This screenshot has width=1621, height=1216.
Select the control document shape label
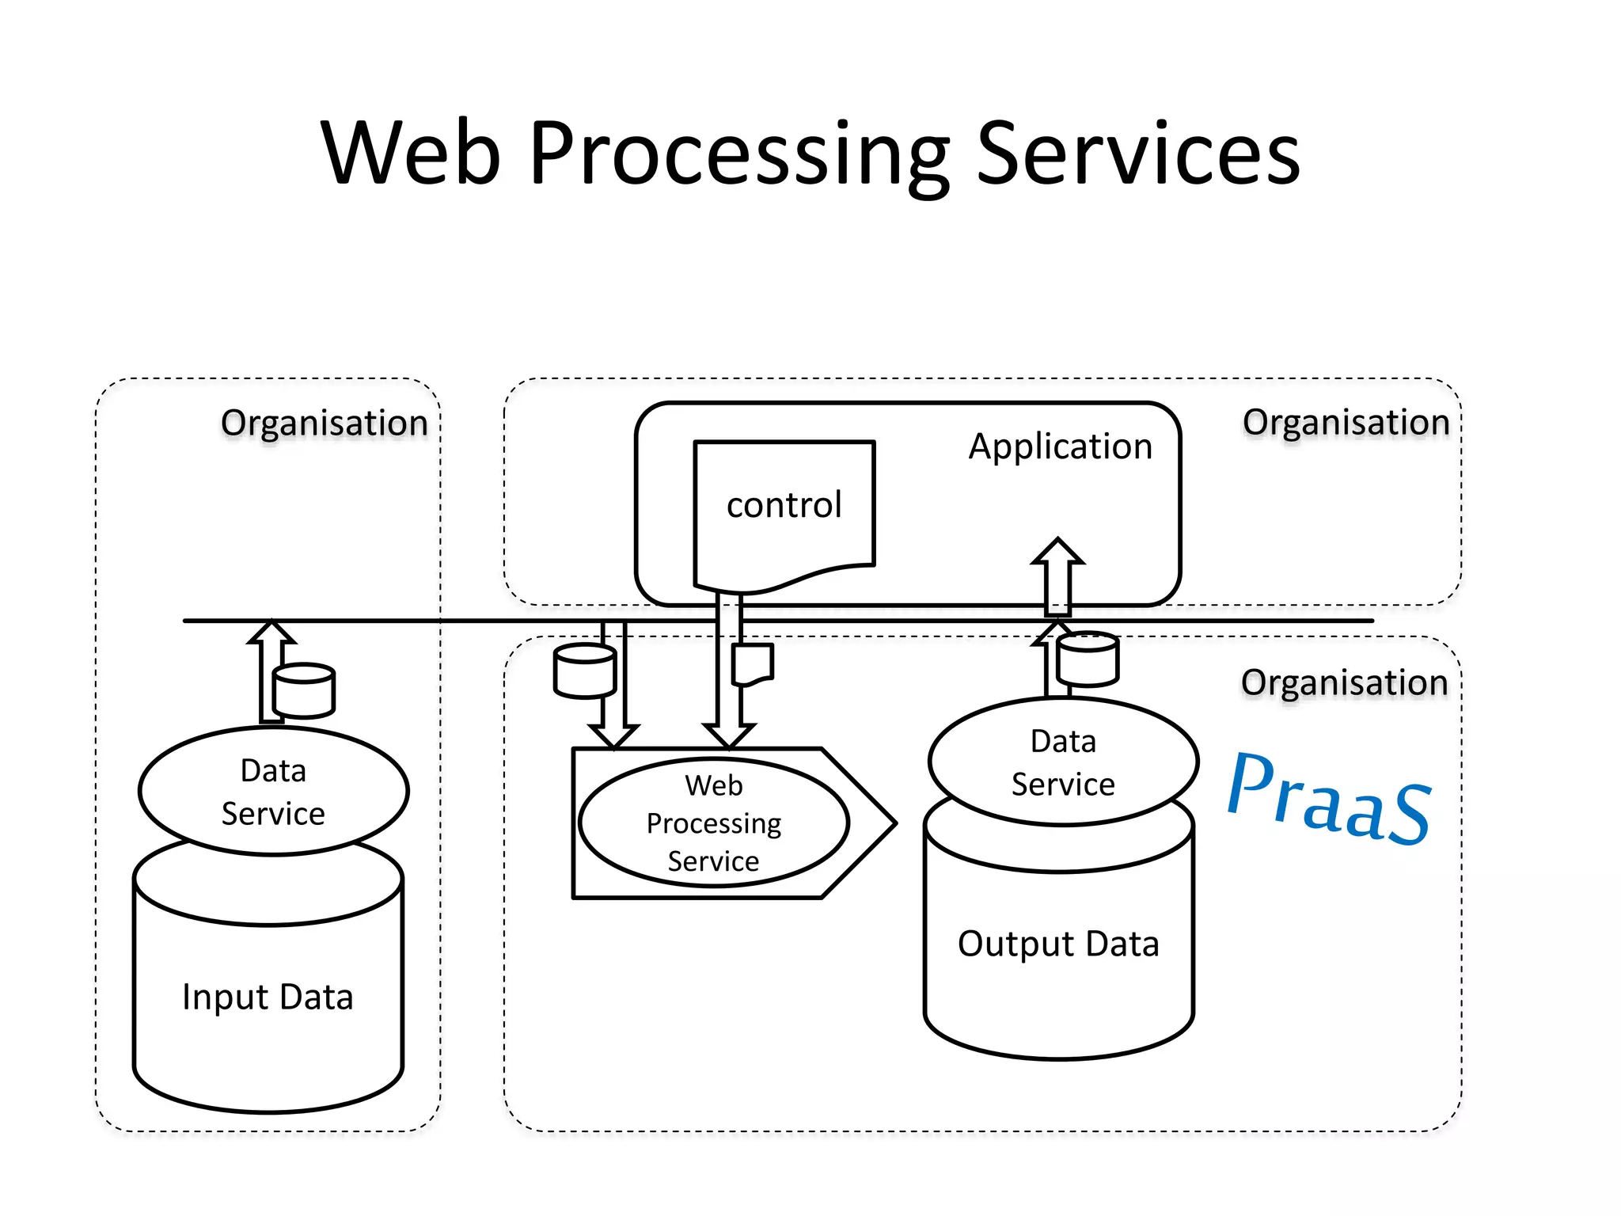(784, 505)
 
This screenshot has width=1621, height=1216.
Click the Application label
(1060, 446)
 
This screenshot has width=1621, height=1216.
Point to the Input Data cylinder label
(268, 997)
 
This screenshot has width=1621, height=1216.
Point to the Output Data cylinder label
(1058, 944)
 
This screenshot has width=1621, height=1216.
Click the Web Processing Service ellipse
(713, 823)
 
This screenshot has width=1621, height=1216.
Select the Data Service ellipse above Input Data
(273, 792)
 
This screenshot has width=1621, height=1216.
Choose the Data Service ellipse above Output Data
(1063, 762)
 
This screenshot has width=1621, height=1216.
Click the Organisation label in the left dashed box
(324, 423)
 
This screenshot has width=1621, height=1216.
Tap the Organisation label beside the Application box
(1346, 422)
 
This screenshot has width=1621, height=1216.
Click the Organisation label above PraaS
(1344, 682)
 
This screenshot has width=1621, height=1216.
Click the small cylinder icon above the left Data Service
(304, 690)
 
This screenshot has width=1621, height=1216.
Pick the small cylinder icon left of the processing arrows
(585, 671)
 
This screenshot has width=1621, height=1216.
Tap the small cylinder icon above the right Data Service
(1088, 659)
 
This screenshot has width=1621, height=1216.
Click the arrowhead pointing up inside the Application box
(1057, 551)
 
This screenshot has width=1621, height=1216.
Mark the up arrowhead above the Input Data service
(271, 631)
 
